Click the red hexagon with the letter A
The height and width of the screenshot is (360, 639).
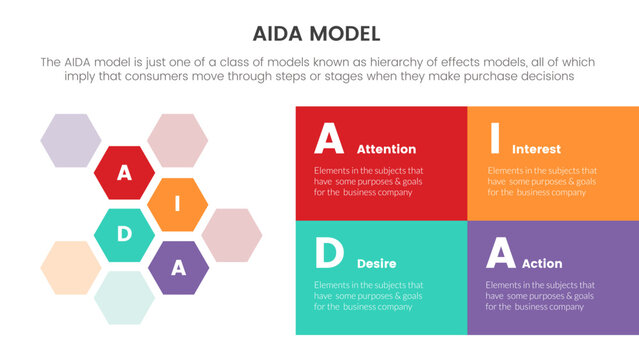tap(124, 173)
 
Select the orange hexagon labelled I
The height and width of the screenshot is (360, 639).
tap(177, 205)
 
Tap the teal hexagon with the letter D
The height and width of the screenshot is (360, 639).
tap(124, 235)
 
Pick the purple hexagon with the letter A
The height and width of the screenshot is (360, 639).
tap(178, 267)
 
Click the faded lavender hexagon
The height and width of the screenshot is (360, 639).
tap(70, 141)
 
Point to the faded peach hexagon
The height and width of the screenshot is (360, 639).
tap(70, 267)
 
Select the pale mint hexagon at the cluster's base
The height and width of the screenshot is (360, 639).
tap(124, 297)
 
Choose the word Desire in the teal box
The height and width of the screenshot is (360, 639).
tap(377, 263)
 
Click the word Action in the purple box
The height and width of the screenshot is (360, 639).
tap(542, 263)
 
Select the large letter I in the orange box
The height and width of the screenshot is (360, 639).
tap(494, 138)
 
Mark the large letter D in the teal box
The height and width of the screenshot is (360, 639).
tap(329, 254)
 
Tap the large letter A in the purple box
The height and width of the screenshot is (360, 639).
tap(500, 254)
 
